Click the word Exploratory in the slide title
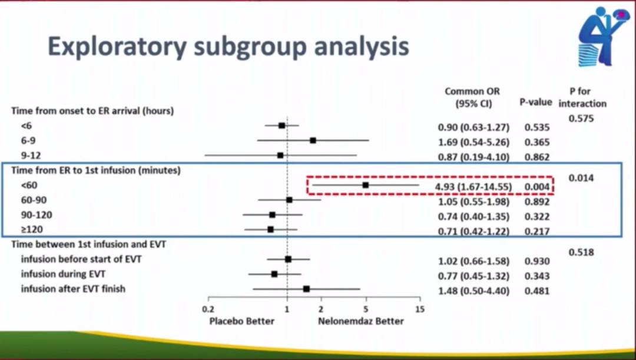click(x=117, y=47)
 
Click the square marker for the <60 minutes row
click(x=366, y=185)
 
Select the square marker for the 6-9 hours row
click(x=313, y=140)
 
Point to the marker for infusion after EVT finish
click(x=306, y=289)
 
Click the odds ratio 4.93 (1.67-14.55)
click(x=473, y=187)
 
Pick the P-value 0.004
click(x=537, y=187)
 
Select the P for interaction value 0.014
click(x=581, y=178)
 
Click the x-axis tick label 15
click(x=420, y=309)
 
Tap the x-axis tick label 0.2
click(x=208, y=309)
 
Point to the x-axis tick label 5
click(x=366, y=309)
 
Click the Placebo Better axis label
click(x=242, y=322)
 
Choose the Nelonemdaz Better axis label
click(x=360, y=322)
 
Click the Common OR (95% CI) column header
click(x=472, y=97)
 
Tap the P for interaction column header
click(x=582, y=97)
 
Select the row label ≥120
click(x=32, y=230)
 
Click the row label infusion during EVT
click(x=63, y=274)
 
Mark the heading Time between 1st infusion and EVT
click(x=88, y=245)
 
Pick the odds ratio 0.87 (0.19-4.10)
click(x=473, y=157)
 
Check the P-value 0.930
click(x=537, y=261)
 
